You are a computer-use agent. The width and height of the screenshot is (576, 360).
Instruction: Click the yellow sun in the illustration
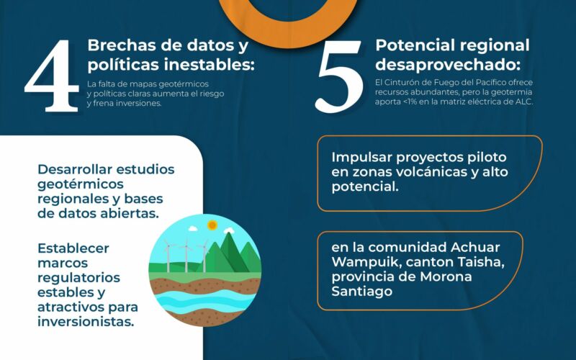(212, 225)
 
